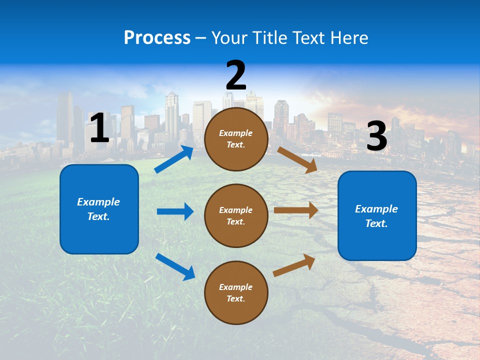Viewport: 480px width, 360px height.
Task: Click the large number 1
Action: (99, 128)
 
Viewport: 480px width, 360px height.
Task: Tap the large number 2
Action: (236, 75)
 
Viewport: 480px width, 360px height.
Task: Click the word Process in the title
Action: (157, 37)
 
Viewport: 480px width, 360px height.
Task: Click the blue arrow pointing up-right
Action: (174, 159)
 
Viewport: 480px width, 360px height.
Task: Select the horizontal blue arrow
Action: (175, 211)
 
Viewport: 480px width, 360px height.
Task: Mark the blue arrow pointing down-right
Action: (175, 266)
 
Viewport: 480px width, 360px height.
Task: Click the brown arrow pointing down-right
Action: (297, 159)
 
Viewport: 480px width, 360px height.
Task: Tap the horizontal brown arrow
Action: (296, 210)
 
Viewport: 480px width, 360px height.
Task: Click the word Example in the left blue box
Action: (98, 202)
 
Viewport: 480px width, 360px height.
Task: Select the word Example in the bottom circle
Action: (236, 287)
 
